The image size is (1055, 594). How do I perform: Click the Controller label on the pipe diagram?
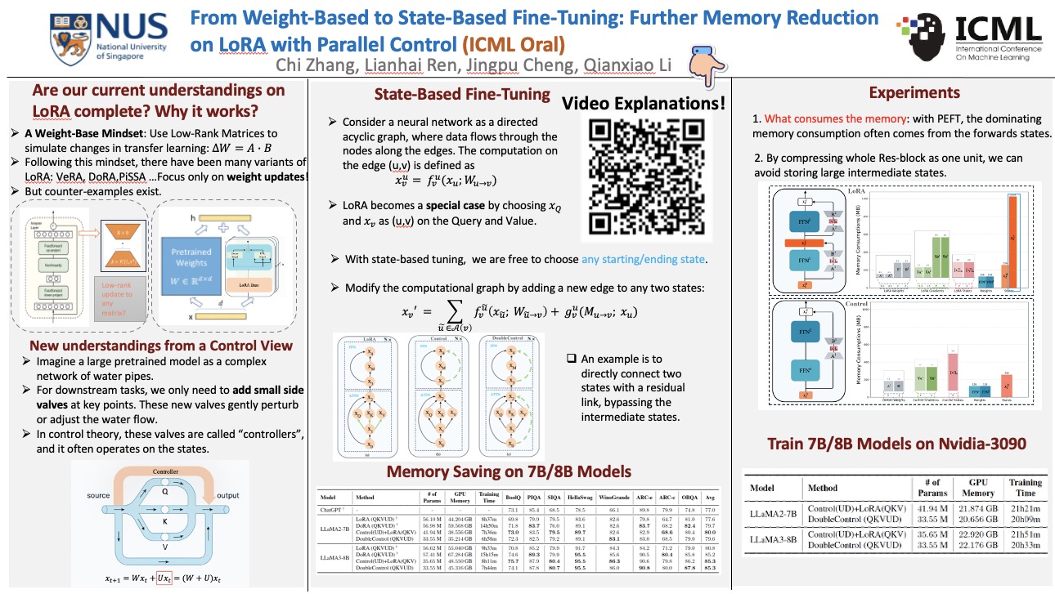click(x=165, y=471)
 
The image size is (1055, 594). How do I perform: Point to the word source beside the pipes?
click(x=98, y=496)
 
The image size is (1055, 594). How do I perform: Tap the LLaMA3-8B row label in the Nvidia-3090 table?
click(x=773, y=540)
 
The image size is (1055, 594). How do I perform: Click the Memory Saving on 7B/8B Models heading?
click(x=509, y=471)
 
